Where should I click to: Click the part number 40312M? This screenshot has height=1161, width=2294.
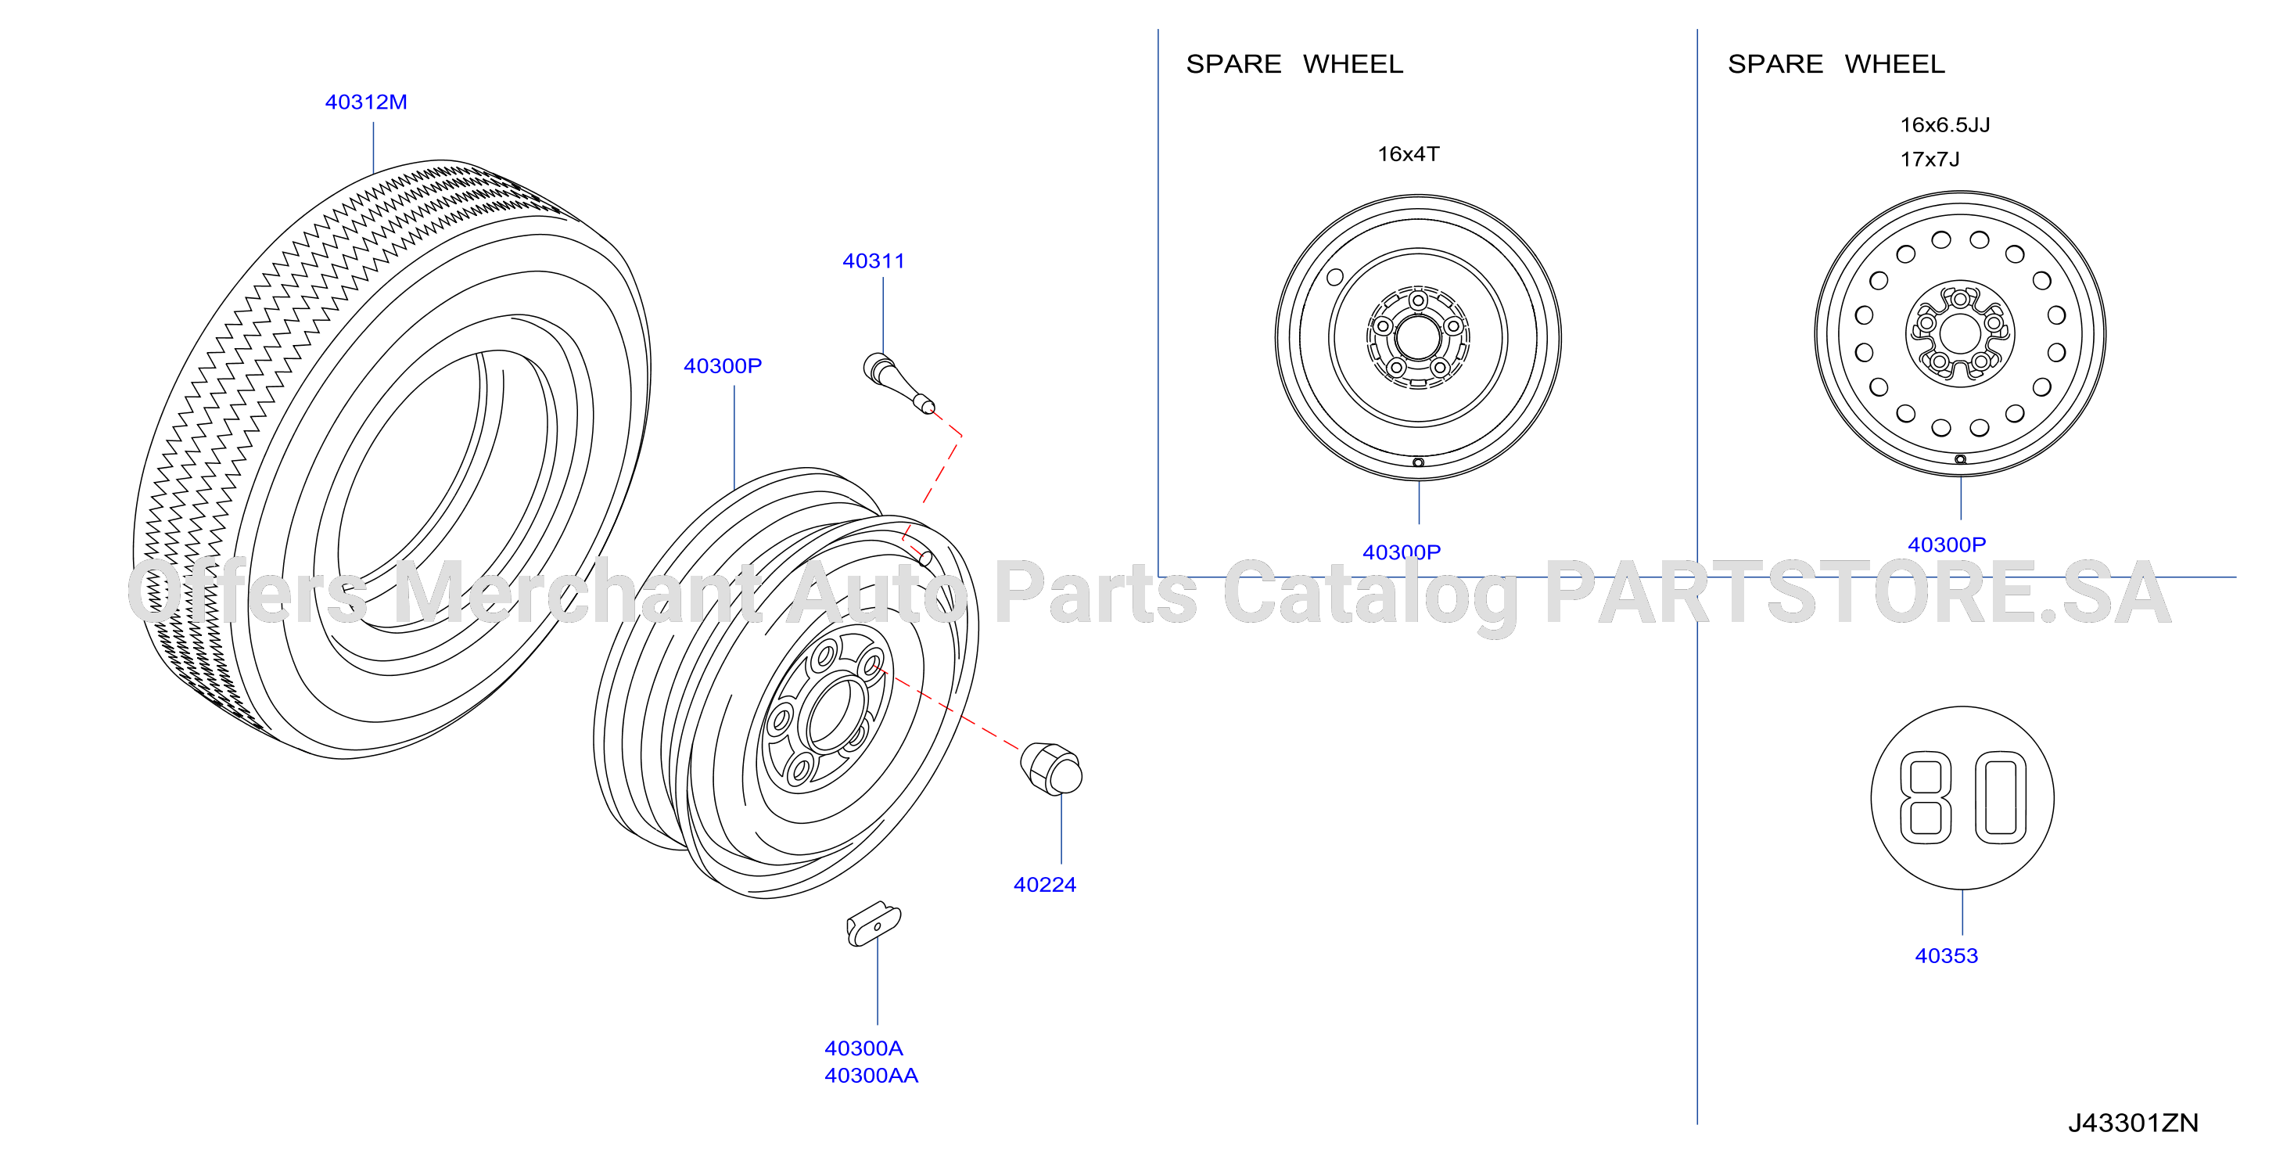(366, 102)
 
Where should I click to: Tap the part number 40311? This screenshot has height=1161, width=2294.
(874, 261)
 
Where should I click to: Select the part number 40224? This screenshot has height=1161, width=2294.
(1045, 885)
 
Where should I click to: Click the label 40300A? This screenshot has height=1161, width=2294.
(863, 1048)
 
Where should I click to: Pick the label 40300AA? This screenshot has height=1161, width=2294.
(871, 1076)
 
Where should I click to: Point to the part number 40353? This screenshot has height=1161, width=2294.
(1947, 956)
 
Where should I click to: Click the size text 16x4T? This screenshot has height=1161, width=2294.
(1409, 154)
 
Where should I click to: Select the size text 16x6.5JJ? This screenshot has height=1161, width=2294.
(1945, 124)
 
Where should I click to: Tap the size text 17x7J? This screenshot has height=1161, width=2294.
(1930, 160)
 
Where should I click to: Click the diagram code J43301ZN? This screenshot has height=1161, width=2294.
(2133, 1123)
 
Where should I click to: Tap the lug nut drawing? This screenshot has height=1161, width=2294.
(1051, 768)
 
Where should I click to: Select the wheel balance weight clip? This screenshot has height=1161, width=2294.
(874, 924)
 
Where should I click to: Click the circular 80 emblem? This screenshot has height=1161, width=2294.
(1962, 797)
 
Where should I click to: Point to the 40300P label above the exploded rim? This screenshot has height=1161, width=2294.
(722, 366)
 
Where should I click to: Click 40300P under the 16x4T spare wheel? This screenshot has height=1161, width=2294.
(1402, 552)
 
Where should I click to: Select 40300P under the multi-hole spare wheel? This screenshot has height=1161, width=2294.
(1947, 545)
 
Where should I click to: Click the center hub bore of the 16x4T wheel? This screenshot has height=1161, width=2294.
(1418, 339)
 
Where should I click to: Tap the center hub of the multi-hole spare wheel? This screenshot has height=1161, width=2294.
(1959, 334)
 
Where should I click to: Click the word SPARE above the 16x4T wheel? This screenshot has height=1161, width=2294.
(1233, 64)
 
